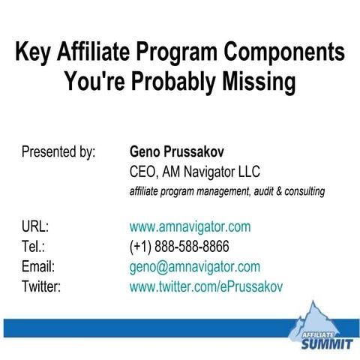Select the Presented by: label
[58, 152]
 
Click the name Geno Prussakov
[177, 152]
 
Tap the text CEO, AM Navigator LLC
[195, 172]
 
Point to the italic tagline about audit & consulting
[226, 191]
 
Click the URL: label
[35, 226]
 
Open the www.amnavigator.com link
[190, 226]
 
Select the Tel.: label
[34, 247]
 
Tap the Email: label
[38, 266]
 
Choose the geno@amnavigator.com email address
[195, 266]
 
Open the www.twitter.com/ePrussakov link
[206, 286]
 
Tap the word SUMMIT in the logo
[323, 345]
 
